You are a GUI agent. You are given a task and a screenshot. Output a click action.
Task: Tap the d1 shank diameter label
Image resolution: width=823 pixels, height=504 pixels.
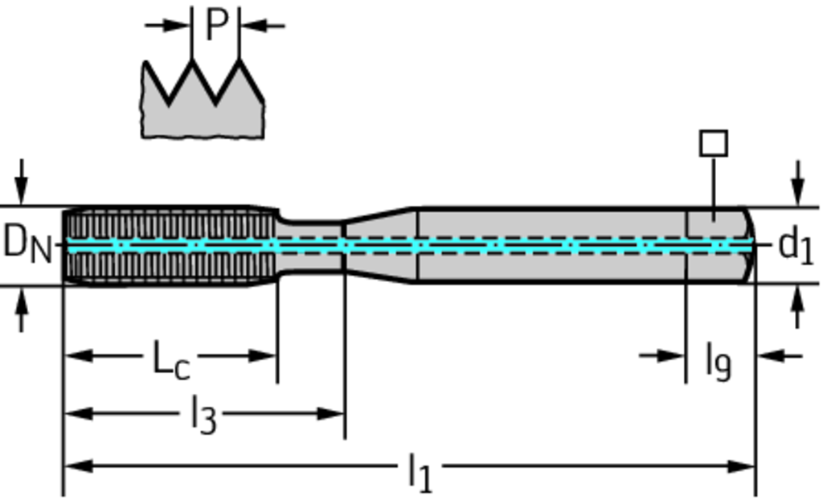pyautogui.click(x=796, y=245)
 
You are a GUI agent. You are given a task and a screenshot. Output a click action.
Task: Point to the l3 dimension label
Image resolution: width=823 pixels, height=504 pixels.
pyautogui.click(x=203, y=416)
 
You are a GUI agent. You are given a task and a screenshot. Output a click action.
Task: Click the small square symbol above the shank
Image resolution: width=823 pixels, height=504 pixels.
pyautogui.click(x=714, y=144)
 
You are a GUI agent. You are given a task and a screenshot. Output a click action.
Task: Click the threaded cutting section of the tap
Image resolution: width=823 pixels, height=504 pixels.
pyautogui.click(x=169, y=245)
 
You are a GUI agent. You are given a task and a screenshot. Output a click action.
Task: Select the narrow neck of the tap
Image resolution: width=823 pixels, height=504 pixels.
pyautogui.click(x=310, y=246)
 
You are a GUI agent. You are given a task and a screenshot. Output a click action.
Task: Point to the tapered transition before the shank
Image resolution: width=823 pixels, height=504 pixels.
pyautogui.click(x=379, y=245)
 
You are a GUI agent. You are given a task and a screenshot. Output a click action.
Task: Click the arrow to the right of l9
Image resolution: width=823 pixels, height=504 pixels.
pyautogui.click(x=772, y=354)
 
